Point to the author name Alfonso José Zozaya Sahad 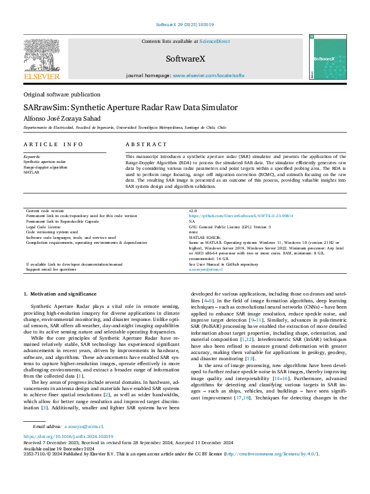click(x=64, y=118)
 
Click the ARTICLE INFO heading click(x=53, y=144)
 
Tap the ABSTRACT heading click(x=143, y=144)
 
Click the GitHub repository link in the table click(x=241, y=215)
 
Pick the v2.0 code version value click(x=193, y=211)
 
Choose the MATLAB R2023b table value click(x=205, y=238)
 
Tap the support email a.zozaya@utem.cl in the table click(x=206, y=269)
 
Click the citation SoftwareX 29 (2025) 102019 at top click(x=185, y=25)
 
